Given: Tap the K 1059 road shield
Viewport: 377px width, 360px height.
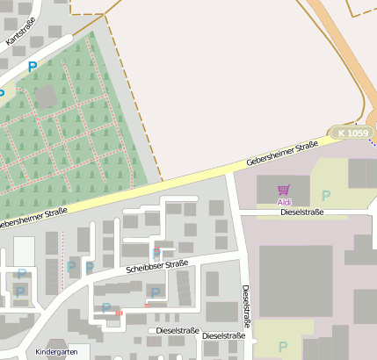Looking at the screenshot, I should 352,133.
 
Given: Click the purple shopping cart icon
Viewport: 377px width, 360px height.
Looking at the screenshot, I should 283,190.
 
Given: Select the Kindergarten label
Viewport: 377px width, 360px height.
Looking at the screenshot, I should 57,351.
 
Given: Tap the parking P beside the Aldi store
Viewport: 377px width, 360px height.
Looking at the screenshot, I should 326,195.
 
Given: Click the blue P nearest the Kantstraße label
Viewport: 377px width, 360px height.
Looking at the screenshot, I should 33,66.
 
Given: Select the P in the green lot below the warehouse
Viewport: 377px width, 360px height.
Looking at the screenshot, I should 283,347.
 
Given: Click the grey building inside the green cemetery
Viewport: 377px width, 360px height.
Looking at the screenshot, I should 45,96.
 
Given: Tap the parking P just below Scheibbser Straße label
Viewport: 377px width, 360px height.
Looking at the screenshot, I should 156,292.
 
